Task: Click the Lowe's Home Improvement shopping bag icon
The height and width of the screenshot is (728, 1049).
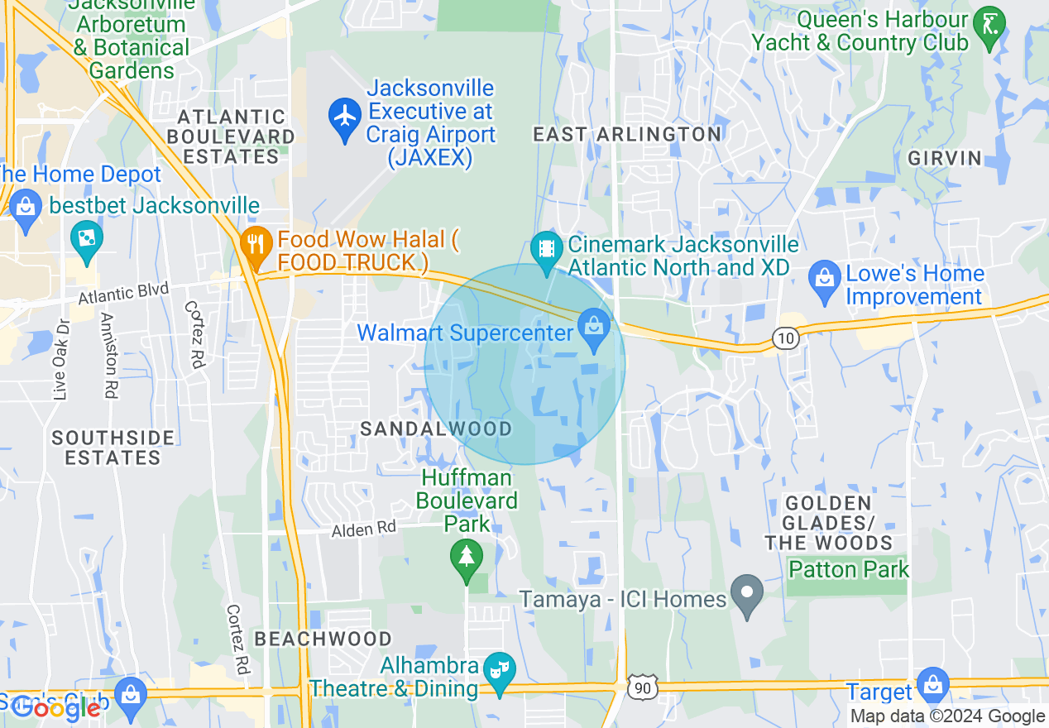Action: point(824,274)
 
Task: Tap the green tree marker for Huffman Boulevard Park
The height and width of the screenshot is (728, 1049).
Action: point(467,556)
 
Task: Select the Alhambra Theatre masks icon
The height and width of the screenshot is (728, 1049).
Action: point(500,668)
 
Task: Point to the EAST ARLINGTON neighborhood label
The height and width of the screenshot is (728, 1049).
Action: point(627,134)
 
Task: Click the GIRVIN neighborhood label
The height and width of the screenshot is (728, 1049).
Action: point(945,158)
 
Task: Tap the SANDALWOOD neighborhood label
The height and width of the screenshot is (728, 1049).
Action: point(436,429)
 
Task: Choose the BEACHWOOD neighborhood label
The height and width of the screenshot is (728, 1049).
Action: point(323,639)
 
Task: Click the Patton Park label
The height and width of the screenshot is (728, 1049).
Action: point(849,569)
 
